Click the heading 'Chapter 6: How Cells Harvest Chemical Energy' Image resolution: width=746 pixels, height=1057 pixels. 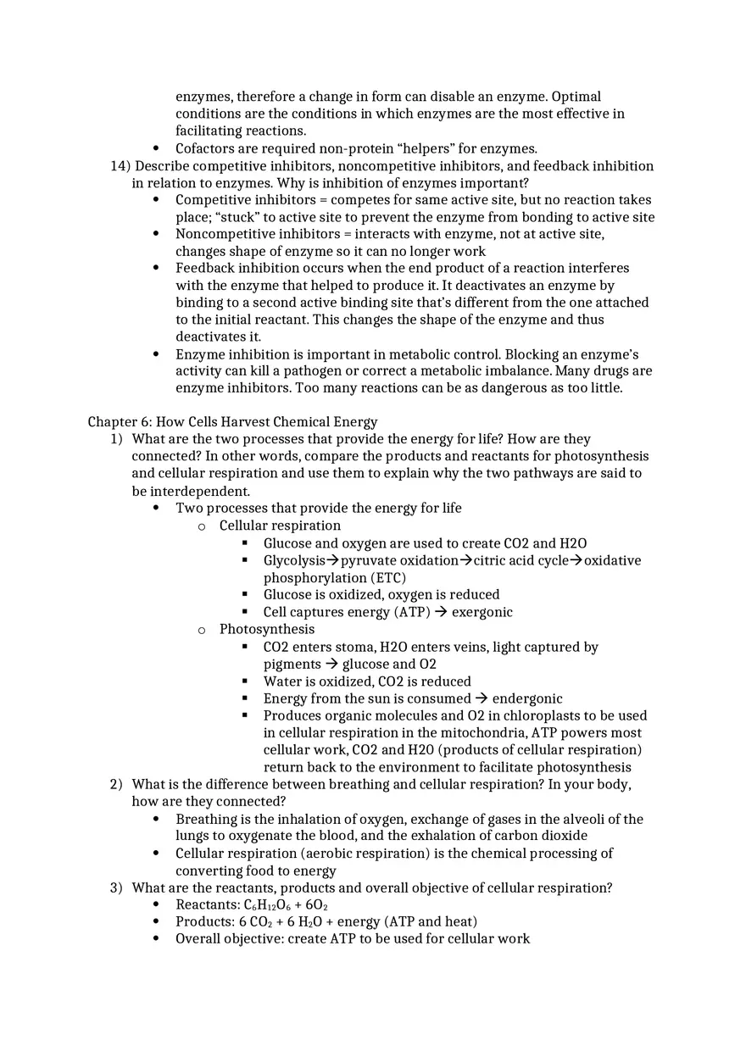point(232,422)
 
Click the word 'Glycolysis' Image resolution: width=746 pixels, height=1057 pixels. point(294,560)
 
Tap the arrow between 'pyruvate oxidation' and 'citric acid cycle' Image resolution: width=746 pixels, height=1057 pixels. point(465,560)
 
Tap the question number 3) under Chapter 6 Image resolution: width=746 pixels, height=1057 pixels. point(116,887)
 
